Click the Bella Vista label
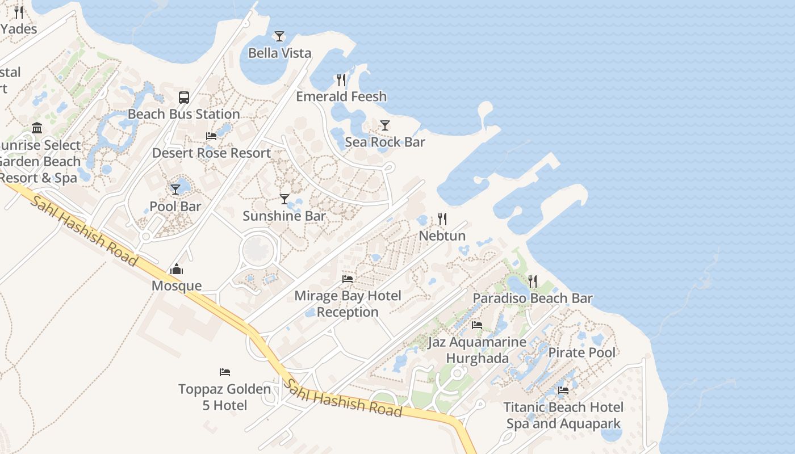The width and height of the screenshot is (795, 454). [x=279, y=53]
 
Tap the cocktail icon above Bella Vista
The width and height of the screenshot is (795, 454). [x=279, y=36]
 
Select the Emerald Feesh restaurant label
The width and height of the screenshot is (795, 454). [x=341, y=96]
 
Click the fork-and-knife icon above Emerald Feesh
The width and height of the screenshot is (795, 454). [x=341, y=79]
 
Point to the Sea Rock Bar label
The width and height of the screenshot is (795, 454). [x=384, y=142]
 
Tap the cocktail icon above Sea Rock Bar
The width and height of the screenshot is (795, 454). [x=385, y=125]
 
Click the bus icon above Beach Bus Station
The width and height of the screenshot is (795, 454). [x=184, y=97]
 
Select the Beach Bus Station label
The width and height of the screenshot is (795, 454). [x=183, y=114]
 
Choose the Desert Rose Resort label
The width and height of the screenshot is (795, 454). [x=211, y=153]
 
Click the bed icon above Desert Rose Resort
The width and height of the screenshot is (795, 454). [x=211, y=136]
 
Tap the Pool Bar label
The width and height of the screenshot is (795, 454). [x=175, y=206]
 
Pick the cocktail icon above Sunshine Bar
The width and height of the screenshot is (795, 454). [x=284, y=199]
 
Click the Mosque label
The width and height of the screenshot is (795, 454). [x=177, y=285]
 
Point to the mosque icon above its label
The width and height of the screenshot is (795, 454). [x=177, y=269]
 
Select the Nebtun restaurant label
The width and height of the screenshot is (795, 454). [x=442, y=236]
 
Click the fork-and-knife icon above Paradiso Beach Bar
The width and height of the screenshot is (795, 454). [x=533, y=281]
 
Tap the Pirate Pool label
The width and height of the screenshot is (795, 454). [x=581, y=352]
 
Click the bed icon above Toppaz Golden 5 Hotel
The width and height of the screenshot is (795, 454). [x=225, y=372]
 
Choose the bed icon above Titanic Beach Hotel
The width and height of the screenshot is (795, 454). [x=563, y=390]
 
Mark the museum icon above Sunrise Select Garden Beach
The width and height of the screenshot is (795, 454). [x=37, y=128]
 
